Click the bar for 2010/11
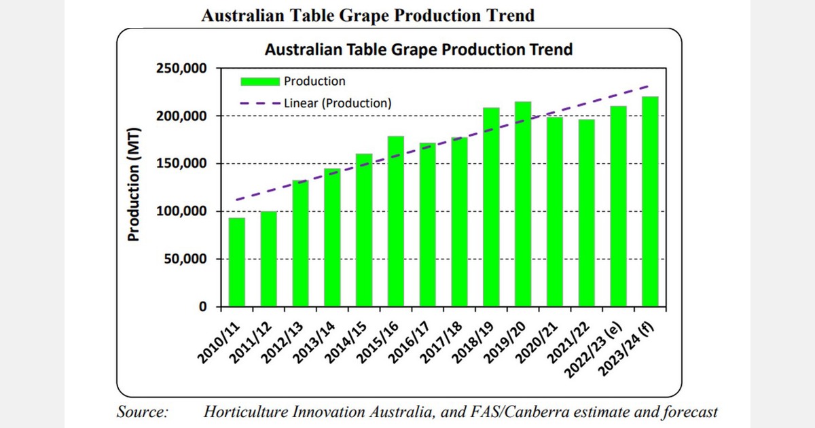[x=236, y=262]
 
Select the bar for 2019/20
[x=523, y=204]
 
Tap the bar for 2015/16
[x=395, y=221]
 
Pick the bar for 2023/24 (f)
[x=650, y=201]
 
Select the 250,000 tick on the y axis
[x=182, y=69]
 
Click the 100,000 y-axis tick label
[x=182, y=211]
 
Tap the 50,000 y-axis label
[x=185, y=260]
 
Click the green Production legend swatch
[x=261, y=82]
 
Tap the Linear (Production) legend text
[x=338, y=103]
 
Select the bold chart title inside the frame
[x=418, y=50]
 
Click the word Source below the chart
[x=143, y=412]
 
